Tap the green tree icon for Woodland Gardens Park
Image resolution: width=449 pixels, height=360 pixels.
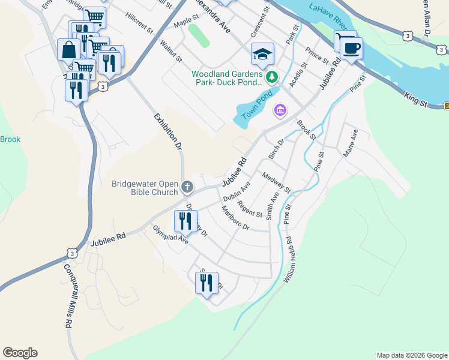tap(273, 76)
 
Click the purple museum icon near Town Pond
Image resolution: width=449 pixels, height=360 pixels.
tap(279, 110)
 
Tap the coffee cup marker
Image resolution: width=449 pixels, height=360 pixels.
tap(351, 48)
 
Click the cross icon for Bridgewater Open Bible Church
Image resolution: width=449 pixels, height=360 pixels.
tap(187, 188)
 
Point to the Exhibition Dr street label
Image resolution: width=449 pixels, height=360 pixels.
tap(167, 131)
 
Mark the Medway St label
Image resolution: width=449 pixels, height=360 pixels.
tap(276, 182)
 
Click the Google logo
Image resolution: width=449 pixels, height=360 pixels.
tap(20, 353)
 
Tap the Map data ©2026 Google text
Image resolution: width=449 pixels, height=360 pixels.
tap(411, 355)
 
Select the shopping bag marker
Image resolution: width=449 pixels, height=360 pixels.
tap(68, 49)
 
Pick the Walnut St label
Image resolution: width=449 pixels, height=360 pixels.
tap(171, 51)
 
